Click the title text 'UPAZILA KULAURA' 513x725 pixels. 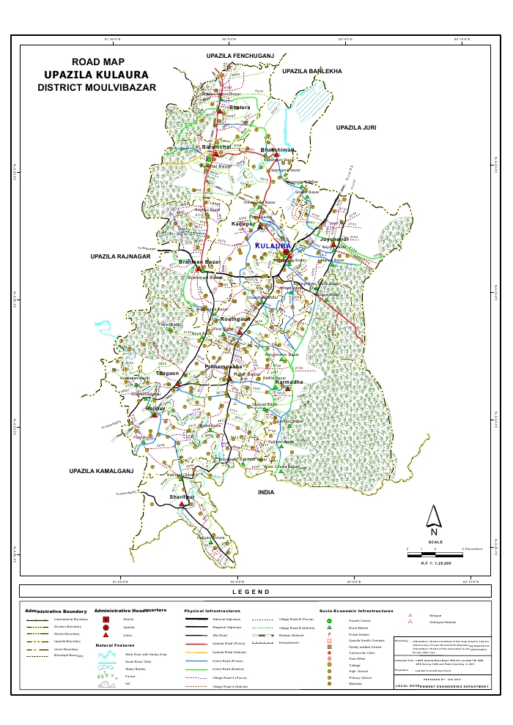coord(95,75)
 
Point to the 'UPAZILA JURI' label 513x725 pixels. coord(355,128)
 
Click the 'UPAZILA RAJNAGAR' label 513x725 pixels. coord(120,257)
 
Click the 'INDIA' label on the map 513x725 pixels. coord(266,493)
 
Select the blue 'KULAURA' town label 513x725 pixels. coord(272,247)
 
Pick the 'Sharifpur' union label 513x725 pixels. coord(182,497)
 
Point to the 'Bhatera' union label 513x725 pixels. coord(240,108)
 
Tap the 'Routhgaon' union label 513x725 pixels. coord(235,320)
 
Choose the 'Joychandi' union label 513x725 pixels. coord(334,239)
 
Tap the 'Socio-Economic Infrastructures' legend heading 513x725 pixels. coord(356,610)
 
